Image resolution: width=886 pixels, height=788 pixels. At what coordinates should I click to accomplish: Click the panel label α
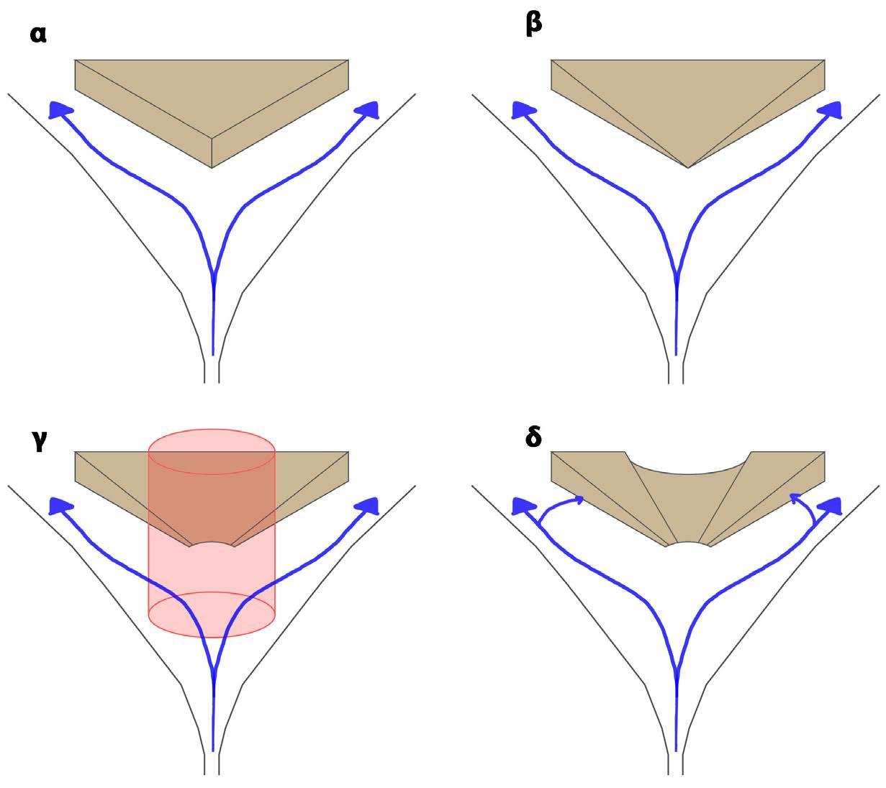pyautogui.click(x=39, y=34)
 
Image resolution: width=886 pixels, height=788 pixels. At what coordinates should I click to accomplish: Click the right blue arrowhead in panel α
pyautogui.click(x=368, y=109)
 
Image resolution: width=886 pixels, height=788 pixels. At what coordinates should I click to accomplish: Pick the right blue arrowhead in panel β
pyautogui.click(x=831, y=109)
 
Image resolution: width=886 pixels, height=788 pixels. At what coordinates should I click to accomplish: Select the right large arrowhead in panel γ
pyautogui.click(x=368, y=505)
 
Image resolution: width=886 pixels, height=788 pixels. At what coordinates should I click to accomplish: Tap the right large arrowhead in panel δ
pyautogui.click(x=831, y=505)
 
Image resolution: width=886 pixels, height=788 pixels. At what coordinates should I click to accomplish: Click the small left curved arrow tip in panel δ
pyautogui.click(x=579, y=497)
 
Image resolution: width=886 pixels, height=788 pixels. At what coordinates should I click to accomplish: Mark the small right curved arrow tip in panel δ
pyautogui.click(x=793, y=496)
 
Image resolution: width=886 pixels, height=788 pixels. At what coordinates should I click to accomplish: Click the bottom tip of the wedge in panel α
pyautogui.click(x=212, y=168)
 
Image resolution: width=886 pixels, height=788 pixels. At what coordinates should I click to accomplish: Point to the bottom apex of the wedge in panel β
pyautogui.click(x=689, y=168)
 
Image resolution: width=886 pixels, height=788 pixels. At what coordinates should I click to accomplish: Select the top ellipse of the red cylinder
pyautogui.click(x=212, y=451)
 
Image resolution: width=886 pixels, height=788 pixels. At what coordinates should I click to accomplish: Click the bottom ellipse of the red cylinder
pyautogui.click(x=212, y=614)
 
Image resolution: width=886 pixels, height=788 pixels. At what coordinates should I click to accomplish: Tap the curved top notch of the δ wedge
pyautogui.click(x=689, y=467)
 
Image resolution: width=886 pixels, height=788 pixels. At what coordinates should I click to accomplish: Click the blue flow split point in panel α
pyautogui.click(x=214, y=273)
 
